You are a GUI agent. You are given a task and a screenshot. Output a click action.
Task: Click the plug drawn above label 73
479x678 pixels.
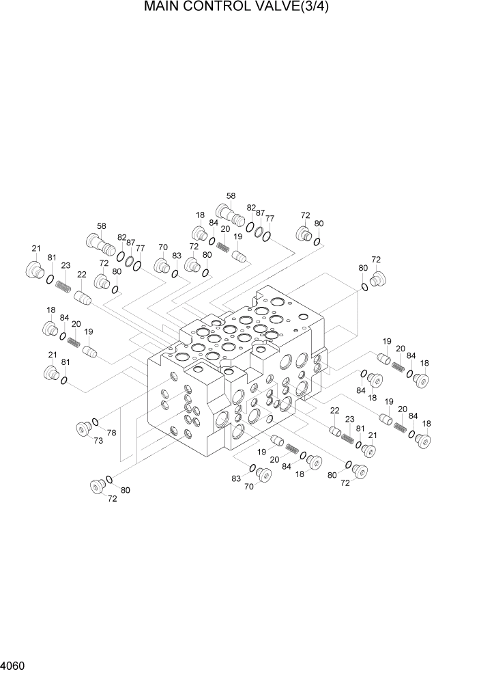coord(83,429)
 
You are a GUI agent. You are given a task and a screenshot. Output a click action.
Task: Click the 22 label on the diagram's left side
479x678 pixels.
coord(81,274)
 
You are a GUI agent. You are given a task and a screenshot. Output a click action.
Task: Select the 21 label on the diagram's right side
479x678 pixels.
coord(373,435)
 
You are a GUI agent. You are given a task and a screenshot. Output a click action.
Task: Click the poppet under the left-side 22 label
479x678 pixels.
coord(83,297)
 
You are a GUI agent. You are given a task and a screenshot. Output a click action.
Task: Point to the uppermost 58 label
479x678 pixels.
coord(231,195)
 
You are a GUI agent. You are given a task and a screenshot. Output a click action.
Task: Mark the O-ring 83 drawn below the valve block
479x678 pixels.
coord(252,468)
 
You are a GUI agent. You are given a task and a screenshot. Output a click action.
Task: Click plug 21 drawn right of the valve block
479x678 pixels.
coord(368,450)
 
